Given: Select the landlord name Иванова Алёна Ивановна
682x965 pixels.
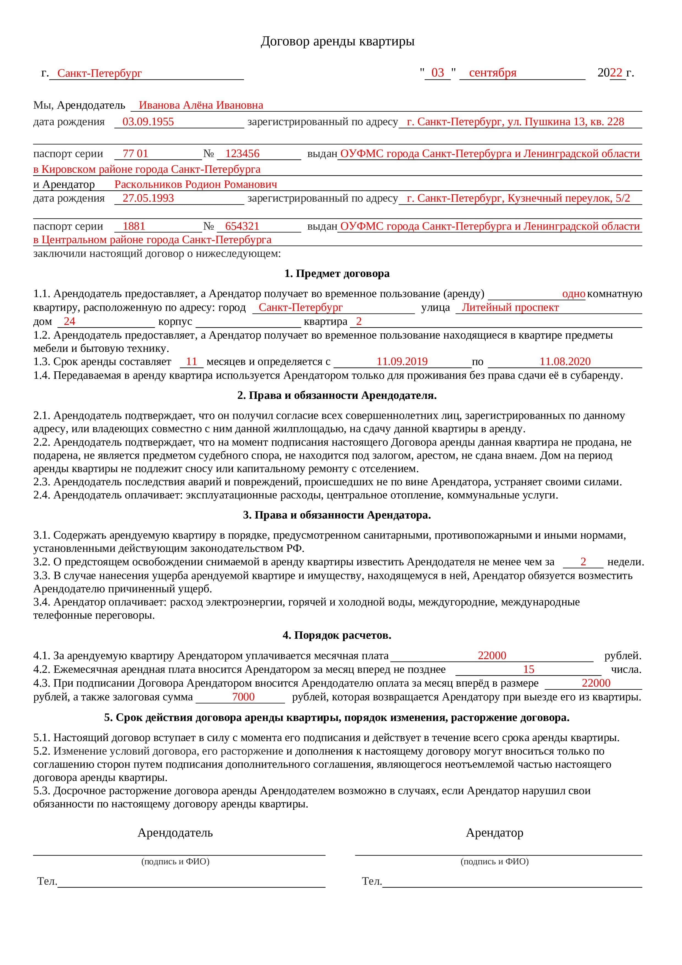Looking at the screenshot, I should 201,105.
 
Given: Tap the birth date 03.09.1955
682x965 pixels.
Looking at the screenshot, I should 148,122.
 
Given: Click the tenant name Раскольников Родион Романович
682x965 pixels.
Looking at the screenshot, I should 196,185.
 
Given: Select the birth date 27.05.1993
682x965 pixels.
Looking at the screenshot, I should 148,198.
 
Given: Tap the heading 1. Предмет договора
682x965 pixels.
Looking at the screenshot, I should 337,274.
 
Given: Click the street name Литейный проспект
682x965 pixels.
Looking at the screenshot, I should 510,307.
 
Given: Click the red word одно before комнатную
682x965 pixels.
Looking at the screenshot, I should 573,294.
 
